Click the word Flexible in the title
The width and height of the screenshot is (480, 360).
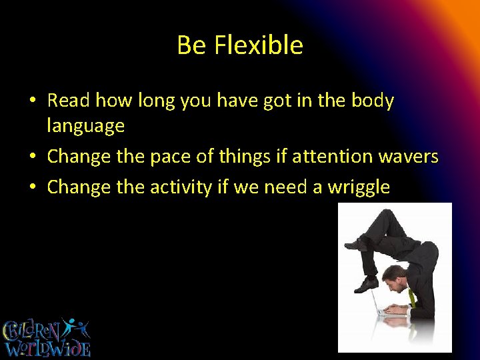tap(259, 45)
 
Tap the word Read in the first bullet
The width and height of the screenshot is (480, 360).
tap(69, 101)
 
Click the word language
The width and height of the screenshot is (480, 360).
tap(85, 125)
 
